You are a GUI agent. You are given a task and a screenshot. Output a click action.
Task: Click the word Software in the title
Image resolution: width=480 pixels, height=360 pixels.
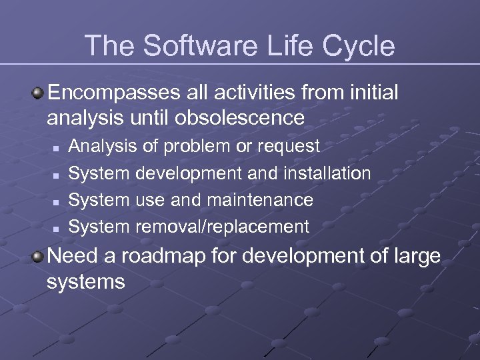click(197, 46)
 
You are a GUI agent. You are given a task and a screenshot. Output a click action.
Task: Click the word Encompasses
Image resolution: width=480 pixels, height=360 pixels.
click(108, 93)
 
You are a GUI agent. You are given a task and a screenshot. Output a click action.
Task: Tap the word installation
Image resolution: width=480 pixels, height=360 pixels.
click(327, 173)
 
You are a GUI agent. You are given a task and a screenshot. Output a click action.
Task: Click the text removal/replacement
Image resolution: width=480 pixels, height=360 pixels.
click(222, 227)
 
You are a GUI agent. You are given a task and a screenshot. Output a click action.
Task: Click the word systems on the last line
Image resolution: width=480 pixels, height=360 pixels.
click(86, 281)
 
